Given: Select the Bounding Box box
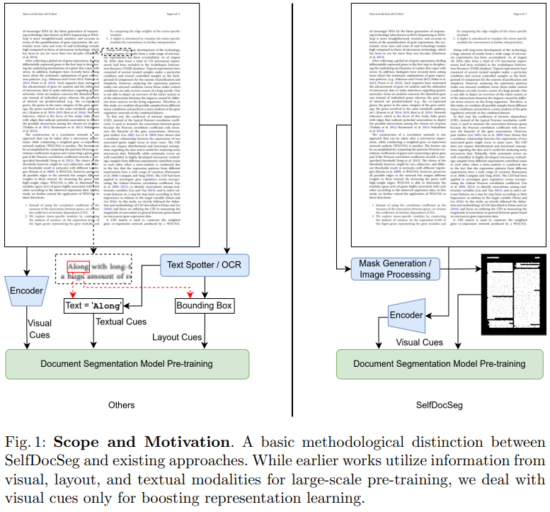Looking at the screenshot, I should coord(205,306).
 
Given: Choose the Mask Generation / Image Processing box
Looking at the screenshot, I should coord(401,269).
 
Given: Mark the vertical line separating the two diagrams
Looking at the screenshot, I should coord(292,212).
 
